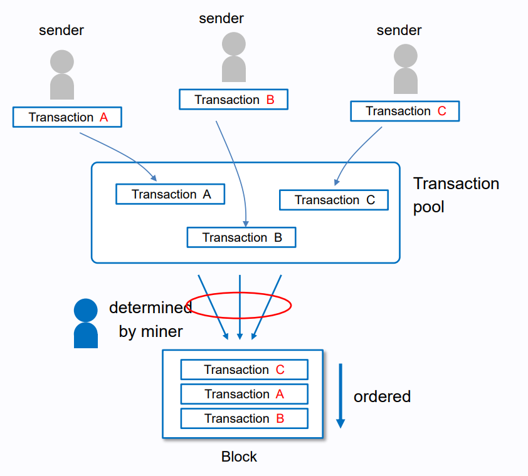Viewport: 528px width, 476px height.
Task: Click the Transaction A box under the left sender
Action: pyautogui.click(x=67, y=117)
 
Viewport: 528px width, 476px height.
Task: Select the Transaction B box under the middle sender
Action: pyautogui.click(x=234, y=99)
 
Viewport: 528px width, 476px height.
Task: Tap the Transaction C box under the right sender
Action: pyautogui.click(x=405, y=111)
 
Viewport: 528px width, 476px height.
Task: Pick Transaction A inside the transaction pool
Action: pyautogui.click(x=171, y=194)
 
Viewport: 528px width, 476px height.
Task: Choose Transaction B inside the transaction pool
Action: pyautogui.click(x=241, y=237)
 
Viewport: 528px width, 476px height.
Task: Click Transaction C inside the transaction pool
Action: pyautogui.click(x=334, y=200)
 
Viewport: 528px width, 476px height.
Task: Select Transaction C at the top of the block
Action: pyautogui.click(x=245, y=370)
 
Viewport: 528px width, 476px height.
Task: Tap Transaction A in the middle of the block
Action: pyautogui.click(x=245, y=394)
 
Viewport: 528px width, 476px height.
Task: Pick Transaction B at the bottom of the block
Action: pyautogui.click(x=245, y=418)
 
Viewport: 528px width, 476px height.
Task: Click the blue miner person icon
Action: pyautogui.click(x=86, y=323)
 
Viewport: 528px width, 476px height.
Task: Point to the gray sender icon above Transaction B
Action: pyautogui.click(x=234, y=57)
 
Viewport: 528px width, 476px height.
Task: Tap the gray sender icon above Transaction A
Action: pyautogui.click(x=62, y=75)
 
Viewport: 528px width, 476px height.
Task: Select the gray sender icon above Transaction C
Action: pyautogui.click(x=406, y=69)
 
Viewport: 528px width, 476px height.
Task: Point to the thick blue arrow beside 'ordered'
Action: pyautogui.click(x=341, y=396)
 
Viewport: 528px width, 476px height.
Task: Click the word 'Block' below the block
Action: pyautogui.click(x=239, y=457)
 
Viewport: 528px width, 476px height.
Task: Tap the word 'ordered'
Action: pyautogui.click(x=382, y=396)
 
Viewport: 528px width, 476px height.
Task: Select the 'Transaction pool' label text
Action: pyautogui.click(x=457, y=195)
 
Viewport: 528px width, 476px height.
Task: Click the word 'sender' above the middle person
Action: pyautogui.click(x=221, y=19)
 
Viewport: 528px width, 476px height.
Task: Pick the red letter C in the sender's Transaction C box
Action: pyautogui.click(x=442, y=111)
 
